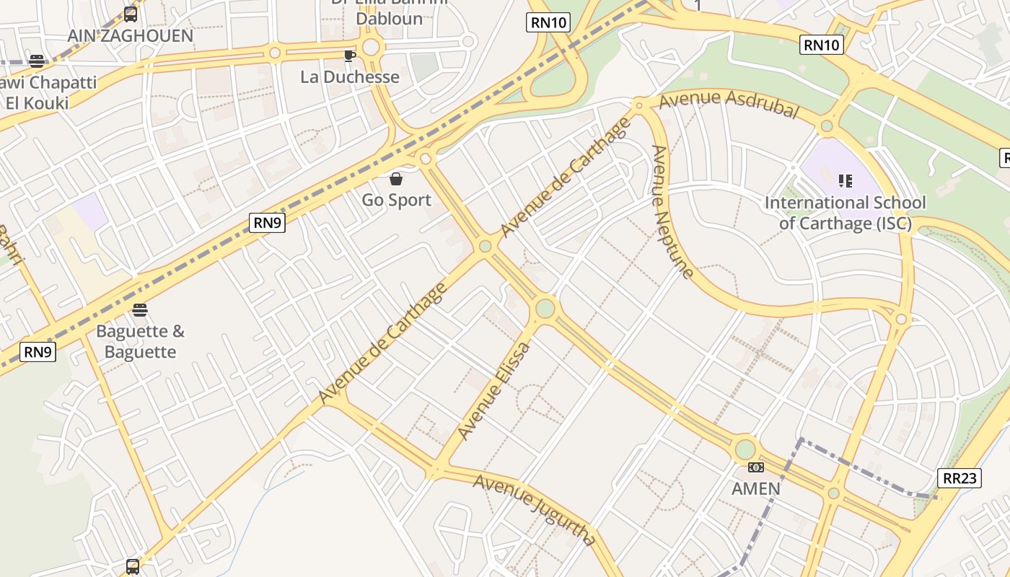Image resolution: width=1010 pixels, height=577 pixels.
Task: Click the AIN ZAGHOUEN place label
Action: [131, 35]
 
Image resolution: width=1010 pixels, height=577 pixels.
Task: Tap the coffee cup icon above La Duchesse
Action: [350, 56]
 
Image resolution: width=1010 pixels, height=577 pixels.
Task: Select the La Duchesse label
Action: [350, 76]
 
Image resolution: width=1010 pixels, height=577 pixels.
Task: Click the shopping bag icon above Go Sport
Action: [396, 179]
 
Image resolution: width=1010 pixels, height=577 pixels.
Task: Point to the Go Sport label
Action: [397, 200]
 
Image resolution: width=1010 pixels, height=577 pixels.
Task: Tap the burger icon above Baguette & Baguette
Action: [140, 310]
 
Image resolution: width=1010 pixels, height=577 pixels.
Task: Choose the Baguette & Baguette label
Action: [141, 342]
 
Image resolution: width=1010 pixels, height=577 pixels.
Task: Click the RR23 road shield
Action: [959, 477]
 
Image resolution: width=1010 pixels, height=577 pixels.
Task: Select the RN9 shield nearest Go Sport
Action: [268, 223]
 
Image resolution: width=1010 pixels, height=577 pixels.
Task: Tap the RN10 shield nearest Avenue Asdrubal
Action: [822, 45]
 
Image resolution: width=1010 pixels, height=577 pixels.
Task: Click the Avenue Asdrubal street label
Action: [729, 104]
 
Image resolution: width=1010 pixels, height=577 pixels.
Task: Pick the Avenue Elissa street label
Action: [495, 390]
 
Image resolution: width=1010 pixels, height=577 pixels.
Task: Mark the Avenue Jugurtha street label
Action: [535, 509]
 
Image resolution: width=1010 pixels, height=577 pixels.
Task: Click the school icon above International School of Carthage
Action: [846, 180]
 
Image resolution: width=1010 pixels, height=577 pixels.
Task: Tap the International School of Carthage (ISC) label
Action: [845, 213]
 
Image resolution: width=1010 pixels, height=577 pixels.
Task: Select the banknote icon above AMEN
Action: [756, 467]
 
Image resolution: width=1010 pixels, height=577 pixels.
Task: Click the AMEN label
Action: [756, 488]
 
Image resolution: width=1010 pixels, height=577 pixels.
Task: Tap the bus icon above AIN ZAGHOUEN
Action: [131, 14]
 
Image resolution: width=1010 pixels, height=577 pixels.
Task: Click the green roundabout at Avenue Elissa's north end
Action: [545, 309]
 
